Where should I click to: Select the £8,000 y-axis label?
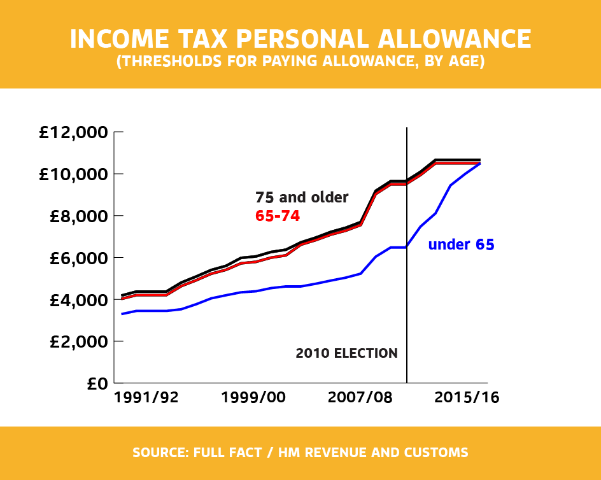(76, 216)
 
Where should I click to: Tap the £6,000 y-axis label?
(76, 258)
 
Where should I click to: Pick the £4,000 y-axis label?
(76, 300)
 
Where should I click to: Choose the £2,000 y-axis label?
(76, 342)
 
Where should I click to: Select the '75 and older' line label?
(302, 197)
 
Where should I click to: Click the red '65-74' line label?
(277, 216)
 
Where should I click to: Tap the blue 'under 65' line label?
(461, 244)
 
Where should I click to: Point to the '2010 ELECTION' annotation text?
(346, 353)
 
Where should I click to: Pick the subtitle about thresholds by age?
(300, 62)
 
